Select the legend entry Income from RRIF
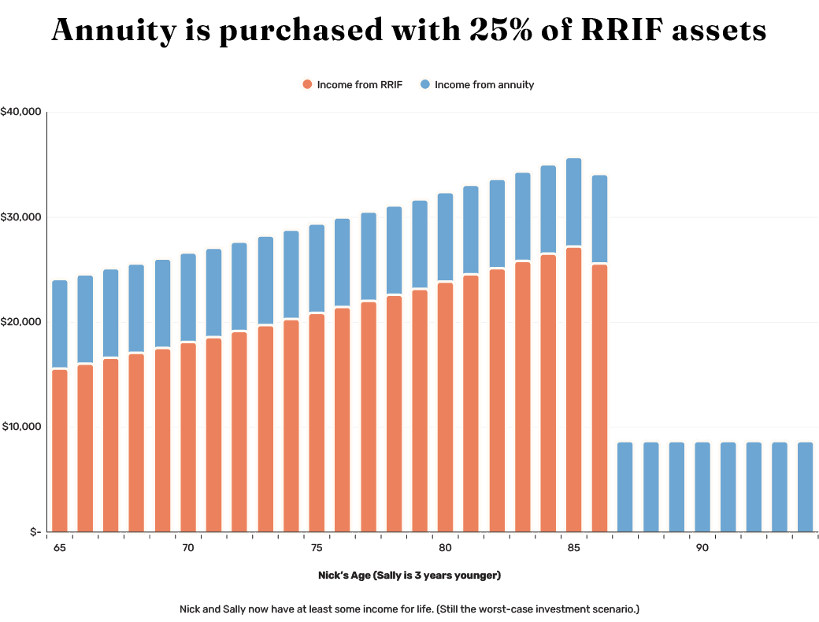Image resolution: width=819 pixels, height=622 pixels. [x=352, y=84]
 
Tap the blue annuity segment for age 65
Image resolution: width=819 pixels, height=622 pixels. [x=59, y=324]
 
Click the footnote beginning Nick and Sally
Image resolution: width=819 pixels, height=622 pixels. [x=410, y=609]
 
